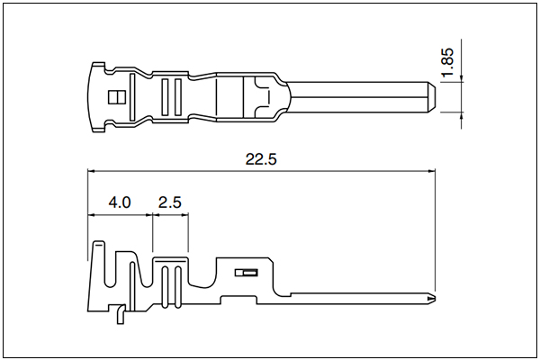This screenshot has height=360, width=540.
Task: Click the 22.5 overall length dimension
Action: click(x=261, y=159)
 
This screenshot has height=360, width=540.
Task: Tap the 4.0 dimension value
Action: click(x=120, y=202)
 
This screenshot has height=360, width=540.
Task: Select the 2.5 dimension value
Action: click(x=170, y=202)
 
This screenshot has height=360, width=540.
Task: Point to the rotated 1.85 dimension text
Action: click(x=448, y=62)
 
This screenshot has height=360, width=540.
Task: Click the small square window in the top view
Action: click(x=117, y=97)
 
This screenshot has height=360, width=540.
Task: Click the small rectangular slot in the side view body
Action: click(x=247, y=273)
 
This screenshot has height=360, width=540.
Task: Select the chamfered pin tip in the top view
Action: click(x=431, y=97)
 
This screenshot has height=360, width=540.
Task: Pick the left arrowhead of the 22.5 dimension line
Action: click(x=91, y=170)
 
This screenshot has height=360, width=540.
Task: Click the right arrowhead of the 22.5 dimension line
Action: click(x=431, y=170)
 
